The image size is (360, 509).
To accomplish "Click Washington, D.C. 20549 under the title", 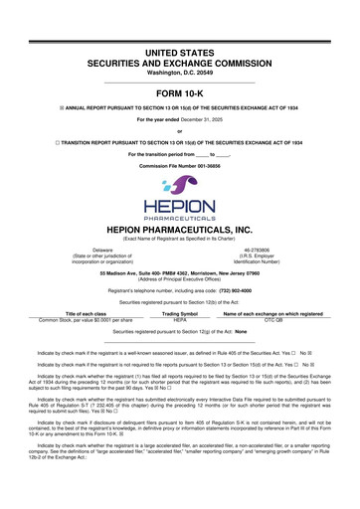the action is [179, 45].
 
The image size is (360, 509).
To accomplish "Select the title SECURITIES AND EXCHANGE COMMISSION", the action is [179, 33].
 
